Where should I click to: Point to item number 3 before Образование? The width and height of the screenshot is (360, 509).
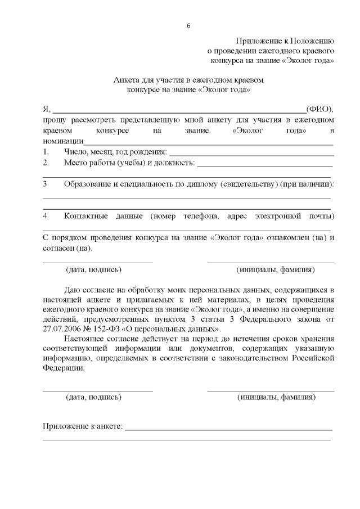click(x=45, y=184)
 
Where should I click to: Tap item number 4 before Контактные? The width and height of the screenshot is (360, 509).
click(x=45, y=216)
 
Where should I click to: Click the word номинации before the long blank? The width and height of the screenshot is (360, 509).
click(x=63, y=141)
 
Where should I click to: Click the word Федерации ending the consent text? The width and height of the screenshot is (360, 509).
click(x=64, y=368)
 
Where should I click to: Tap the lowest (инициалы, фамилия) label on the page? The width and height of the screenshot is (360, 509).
click(x=276, y=397)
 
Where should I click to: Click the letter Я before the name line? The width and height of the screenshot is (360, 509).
click(x=46, y=109)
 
